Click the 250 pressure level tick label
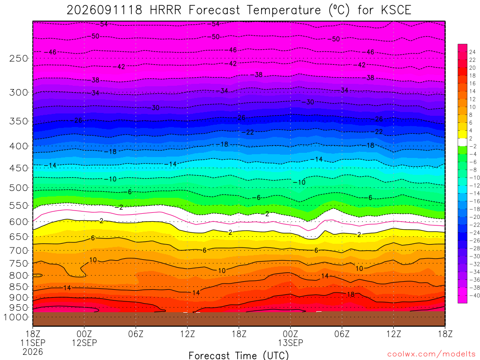(x=19, y=59)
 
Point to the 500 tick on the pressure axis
(x=19, y=187)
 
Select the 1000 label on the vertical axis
(x=16, y=317)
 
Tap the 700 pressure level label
(x=19, y=251)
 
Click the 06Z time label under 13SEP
(x=342, y=334)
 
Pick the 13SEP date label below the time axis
(x=291, y=343)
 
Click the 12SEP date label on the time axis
(x=84, y=343)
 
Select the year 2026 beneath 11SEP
(x=33, y=352)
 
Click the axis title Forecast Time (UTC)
(x=239, y=355)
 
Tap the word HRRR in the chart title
(x=165, y=10)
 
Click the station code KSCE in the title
(x=396, y=10)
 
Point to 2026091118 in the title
(x=105, y=10)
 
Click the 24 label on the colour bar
(x=472, y=52)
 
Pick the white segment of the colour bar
(x=463, y=142)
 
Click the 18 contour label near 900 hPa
(x=351, y=294)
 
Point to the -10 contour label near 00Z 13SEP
(x=300, y=182)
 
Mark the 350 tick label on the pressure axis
(x=19, y=121)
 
